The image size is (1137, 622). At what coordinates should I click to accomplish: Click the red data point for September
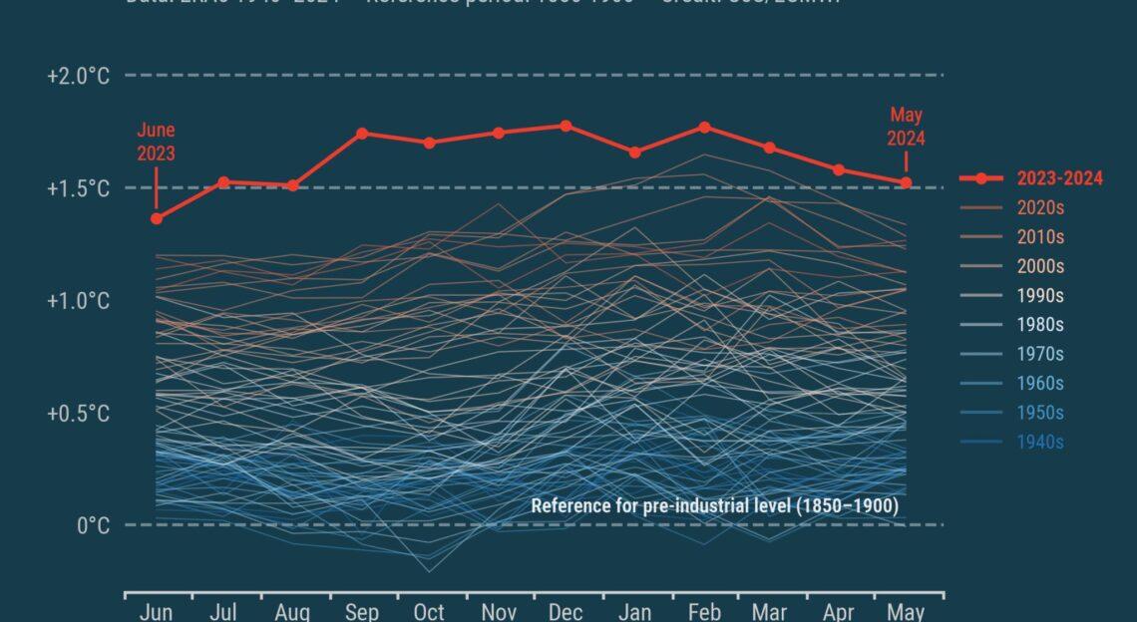pos(361,134)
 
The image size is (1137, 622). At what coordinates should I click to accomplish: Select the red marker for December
pos(566,127)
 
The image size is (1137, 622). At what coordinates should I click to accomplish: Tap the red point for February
pos(704,128)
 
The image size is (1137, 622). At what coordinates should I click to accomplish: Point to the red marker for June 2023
pos(157,218)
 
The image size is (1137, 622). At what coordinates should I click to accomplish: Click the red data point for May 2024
pos(906,182)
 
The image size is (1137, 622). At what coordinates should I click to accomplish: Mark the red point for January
pos(635,153)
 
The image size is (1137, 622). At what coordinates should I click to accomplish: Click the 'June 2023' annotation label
pos(157,142)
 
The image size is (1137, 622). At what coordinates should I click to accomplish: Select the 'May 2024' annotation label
pos(907,127)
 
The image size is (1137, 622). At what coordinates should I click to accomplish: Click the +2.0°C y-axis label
pos(78,76)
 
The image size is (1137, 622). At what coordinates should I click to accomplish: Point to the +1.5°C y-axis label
pos(78,188)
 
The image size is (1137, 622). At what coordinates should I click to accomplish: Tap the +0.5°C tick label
pos(78,414)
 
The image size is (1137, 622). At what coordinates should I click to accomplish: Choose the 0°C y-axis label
pos(93,525)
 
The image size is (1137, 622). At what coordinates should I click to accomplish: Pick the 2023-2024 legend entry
pos(1059,179)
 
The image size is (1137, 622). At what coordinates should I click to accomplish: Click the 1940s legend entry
pos(1039,443)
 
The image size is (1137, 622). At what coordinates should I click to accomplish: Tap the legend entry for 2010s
pos(1039,237)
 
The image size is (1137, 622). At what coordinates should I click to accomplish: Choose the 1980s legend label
pos(1039,325)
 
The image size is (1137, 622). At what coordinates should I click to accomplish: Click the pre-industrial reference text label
pos(714,506)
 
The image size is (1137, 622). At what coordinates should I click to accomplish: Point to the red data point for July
pos(224,182)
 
